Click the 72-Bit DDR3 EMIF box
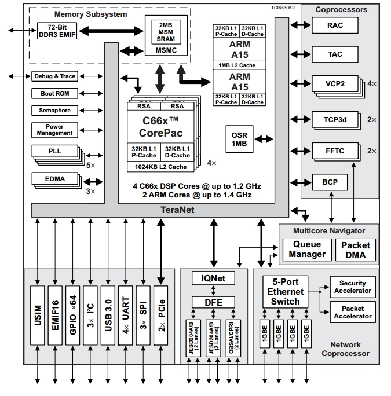(57, 31)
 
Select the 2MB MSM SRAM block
(166, 32)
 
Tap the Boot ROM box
(55, 93)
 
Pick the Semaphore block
(55, 111)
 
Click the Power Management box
(55, 130)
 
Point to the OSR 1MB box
(239, 139)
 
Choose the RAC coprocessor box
(335, 25)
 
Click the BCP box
(330, 182)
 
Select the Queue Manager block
(307, 250)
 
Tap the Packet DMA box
(356, 250)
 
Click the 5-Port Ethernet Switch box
(286, 292)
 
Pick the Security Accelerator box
(353, 287)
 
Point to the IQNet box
(213, 278)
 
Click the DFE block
(213, 302)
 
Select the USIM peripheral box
(38, 316)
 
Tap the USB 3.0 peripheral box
(108, 316)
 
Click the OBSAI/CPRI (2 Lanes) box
(233, 338)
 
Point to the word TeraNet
(177, 210)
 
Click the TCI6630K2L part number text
(284, 8)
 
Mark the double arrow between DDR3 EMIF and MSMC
(111, 31)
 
